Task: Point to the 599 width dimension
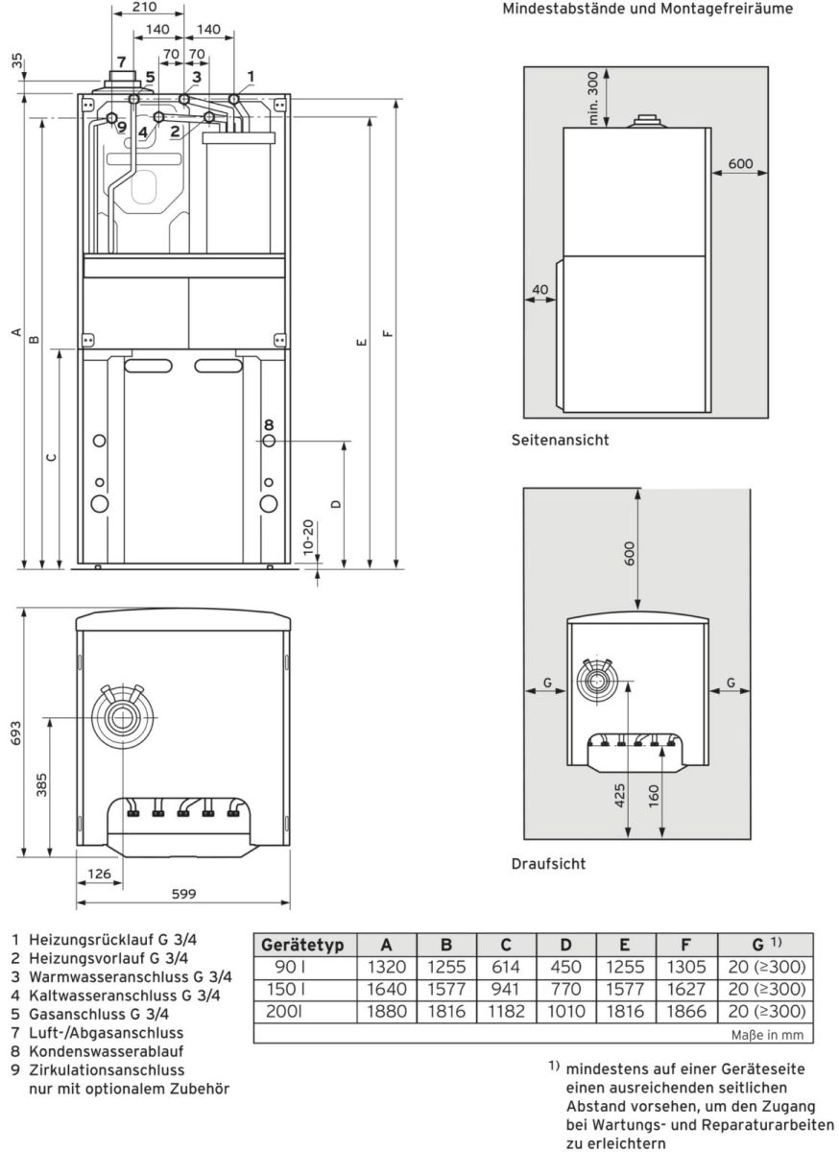pos(182,893)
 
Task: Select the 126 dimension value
pos(99,873)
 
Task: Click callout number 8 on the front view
pos(269,424)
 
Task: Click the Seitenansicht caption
pos(560,441)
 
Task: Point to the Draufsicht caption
pos(547,863)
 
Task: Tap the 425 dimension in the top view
pos(621,795)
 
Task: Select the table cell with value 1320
pos(387,967)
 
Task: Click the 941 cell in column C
pos(505,989)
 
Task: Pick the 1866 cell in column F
pos(684,1011)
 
